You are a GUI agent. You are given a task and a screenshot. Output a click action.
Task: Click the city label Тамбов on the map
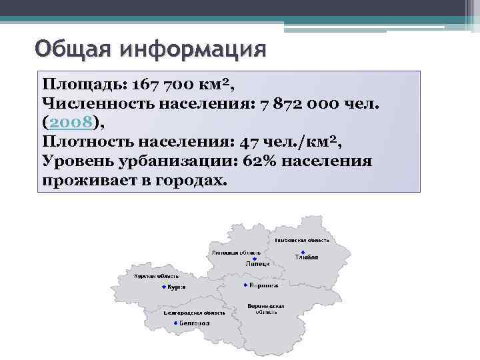point(306,258)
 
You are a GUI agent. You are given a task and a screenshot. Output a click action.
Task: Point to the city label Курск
point(176,287)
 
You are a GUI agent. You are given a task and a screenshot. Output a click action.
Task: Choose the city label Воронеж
point(264,285)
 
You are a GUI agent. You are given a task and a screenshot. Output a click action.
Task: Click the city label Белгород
point(194,323)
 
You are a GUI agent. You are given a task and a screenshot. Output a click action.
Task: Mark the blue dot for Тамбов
point(303,251)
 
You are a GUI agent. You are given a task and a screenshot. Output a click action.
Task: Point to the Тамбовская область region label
point(301,239)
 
